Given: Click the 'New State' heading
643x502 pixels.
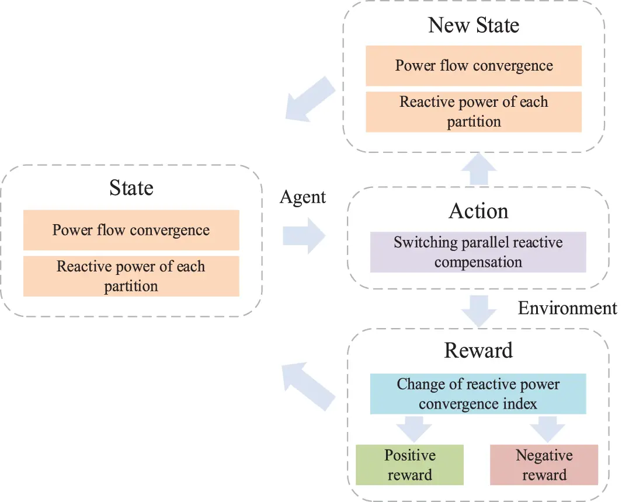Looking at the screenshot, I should point(473,25).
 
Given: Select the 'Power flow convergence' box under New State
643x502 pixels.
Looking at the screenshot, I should point(474,65).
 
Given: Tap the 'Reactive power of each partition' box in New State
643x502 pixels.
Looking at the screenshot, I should point(474,111).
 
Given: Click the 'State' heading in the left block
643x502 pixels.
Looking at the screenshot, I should point(131,188).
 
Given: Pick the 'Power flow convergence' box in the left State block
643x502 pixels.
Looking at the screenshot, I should point(131,230).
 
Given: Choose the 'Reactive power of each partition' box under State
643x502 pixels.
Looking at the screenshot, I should point(131,276).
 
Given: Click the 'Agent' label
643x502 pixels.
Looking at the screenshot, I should point(303,197).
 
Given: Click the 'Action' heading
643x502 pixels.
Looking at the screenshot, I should point(478,211).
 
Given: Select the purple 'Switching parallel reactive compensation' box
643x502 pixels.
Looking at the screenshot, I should point(478,252).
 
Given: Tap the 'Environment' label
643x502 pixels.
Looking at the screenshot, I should point(567,308).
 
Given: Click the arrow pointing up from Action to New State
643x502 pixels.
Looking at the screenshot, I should point(479,169).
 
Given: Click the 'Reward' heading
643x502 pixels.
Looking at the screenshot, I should point(478,350).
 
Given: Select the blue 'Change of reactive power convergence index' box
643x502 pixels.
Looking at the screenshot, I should point(478,394).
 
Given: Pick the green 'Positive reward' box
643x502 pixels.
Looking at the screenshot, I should point(409,465).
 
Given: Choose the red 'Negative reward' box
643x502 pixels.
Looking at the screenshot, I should point(544,465).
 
